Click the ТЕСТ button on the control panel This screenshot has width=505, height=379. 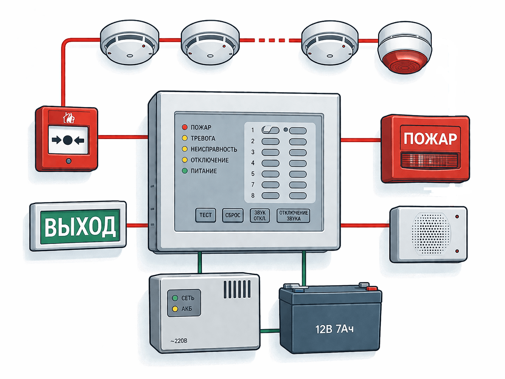click(x=205, y=215)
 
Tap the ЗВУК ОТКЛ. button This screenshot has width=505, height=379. click(x=260, y=216)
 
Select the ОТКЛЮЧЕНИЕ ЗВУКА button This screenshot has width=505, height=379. click(x=293, y=216)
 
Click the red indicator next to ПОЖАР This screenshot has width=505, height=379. click(x=185, y=127)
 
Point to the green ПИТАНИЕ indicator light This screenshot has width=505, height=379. click(x=185, y=171)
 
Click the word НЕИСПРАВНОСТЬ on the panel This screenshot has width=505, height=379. click(x=214, y=149)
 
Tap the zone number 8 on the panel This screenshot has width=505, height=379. click(x=253, y=195)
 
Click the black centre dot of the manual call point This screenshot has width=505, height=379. click(x=67, y=140)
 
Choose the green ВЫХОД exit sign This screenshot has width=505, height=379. click(x=78, y=226)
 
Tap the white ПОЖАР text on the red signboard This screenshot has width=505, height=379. click(x=430, y=139)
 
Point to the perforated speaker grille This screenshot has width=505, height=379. click(x=431, y=233)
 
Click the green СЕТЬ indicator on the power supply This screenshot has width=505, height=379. click(x=175, y=298)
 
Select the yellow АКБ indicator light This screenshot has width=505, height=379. click(x=175, y=309)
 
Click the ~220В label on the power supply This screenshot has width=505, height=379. click(x=179, y=341)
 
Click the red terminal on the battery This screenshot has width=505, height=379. click(x=371, y=288)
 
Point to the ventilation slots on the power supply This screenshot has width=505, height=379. click(x=237, y=289)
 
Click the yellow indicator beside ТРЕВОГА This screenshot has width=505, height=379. click(x=185, y=138)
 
